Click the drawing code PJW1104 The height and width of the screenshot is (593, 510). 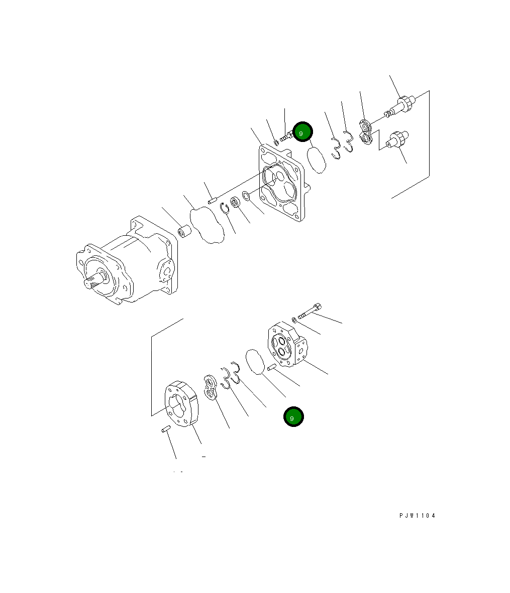(418, 516)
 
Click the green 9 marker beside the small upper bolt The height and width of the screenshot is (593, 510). (303, 132)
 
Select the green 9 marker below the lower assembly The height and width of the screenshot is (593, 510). (293, 417)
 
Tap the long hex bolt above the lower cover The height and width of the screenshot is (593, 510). (311, 311)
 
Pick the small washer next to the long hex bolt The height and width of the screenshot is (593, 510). (293, 318)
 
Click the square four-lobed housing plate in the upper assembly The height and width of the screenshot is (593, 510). (281, 184)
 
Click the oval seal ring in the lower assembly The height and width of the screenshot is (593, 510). (256, 362)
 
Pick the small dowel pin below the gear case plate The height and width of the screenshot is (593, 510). (166, 429)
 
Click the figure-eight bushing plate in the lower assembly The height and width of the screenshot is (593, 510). (210, 388)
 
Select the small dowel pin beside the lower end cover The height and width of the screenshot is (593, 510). (272, 367)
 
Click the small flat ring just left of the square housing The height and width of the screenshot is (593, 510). (246, 195)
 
